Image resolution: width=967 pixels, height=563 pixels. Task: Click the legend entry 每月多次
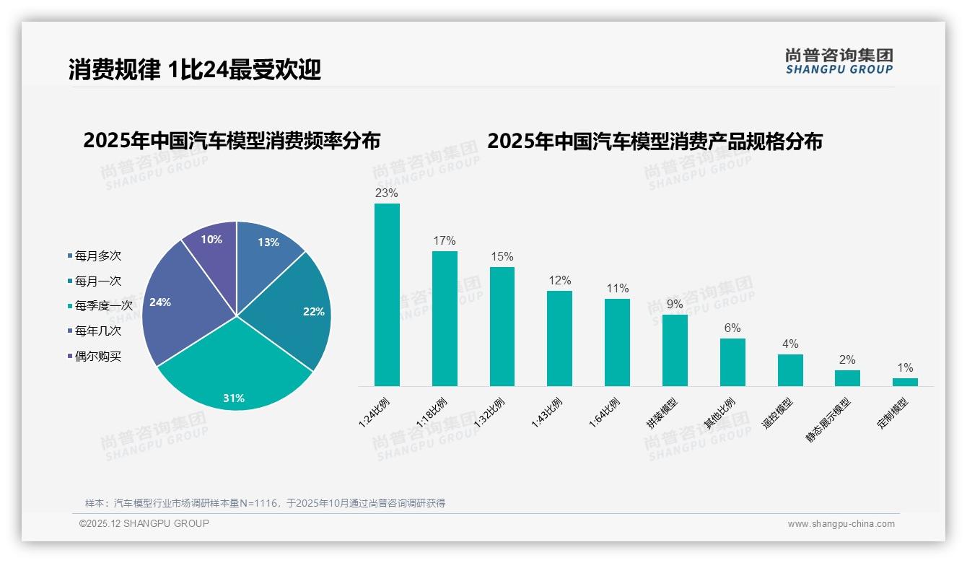(x=97, y=256)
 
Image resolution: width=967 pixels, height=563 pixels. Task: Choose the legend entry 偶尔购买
(x=97, y=356)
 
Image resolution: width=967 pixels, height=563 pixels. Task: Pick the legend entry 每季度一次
(x=103, y=306)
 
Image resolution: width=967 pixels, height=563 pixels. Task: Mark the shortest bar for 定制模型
(x=905, y=382)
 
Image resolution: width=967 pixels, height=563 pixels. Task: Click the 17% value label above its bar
(x=444, y=240)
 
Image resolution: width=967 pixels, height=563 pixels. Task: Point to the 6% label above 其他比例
(x=732, y=328)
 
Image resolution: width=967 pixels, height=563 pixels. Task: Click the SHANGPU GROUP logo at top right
(x=839, y=61)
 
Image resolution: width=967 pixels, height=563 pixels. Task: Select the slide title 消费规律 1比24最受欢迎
(x=195, y=69)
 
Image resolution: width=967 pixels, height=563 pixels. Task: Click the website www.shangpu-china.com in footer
(x=841, y=524)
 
